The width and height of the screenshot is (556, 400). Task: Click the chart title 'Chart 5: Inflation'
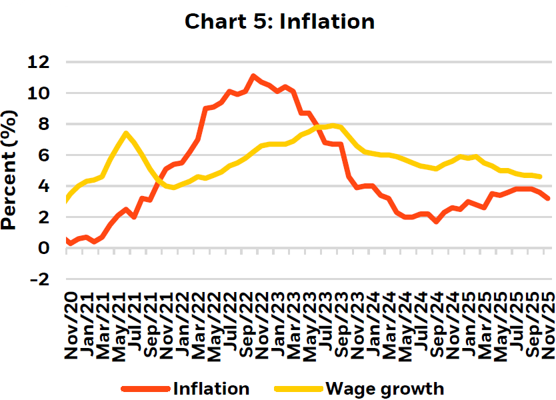(279, 21)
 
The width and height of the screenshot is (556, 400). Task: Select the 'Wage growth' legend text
(384, 389)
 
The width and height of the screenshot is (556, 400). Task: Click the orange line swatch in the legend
(143, 389)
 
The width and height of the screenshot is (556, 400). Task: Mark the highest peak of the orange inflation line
(253, 76)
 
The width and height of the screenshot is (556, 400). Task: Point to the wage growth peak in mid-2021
(126, 133)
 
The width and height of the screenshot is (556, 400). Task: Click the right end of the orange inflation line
(548, 199)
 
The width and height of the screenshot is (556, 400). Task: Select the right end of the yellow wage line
(540, 177)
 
